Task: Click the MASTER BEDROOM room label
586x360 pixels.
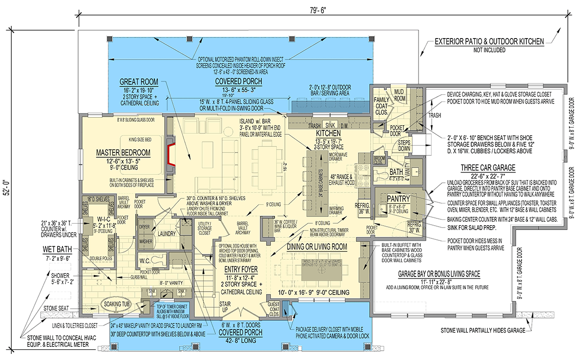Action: click(x=123, y=153)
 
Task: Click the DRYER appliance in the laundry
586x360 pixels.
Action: click(x=145, y=227)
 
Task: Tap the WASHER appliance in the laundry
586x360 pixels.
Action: click(x=145, y=241)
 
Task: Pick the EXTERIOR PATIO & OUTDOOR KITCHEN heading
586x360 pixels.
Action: click(x=489, y=42)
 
